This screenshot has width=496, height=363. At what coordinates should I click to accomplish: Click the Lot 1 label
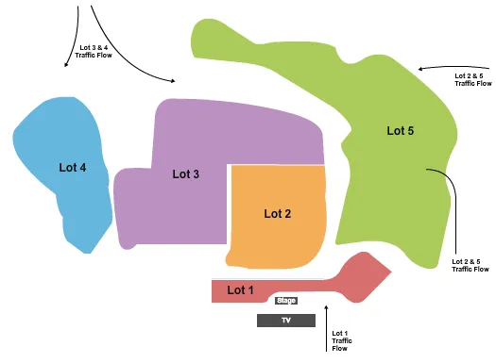241,289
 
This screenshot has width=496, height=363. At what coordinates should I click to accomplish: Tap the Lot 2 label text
277,213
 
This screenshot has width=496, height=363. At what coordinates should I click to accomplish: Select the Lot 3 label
185,173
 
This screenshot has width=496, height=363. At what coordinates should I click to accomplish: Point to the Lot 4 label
73,168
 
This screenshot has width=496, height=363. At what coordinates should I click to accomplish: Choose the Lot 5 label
401,131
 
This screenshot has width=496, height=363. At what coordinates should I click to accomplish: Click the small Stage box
285,301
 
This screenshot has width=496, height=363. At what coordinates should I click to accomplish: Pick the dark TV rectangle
286,321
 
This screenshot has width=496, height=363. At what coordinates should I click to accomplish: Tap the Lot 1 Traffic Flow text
340,340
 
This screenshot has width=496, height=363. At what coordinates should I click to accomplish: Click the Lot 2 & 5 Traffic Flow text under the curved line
470,265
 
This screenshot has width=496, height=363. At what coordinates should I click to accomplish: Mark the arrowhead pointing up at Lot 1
327,306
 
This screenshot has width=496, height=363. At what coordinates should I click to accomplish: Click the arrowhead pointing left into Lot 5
421,68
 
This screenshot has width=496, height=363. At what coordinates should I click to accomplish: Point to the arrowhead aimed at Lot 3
173,82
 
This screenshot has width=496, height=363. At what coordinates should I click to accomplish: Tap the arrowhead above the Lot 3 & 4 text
66,64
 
